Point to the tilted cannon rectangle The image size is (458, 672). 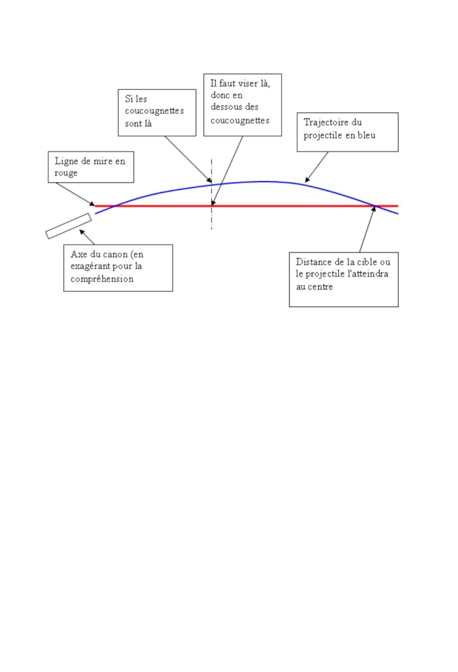69,225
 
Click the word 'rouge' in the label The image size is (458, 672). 66,173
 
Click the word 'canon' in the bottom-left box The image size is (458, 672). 116,254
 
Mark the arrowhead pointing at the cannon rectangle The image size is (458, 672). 81,232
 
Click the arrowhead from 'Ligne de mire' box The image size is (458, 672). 92,204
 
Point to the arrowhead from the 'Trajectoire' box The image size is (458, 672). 307,180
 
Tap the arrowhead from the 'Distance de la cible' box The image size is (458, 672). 373,209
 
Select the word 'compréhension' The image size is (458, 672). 102,280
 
